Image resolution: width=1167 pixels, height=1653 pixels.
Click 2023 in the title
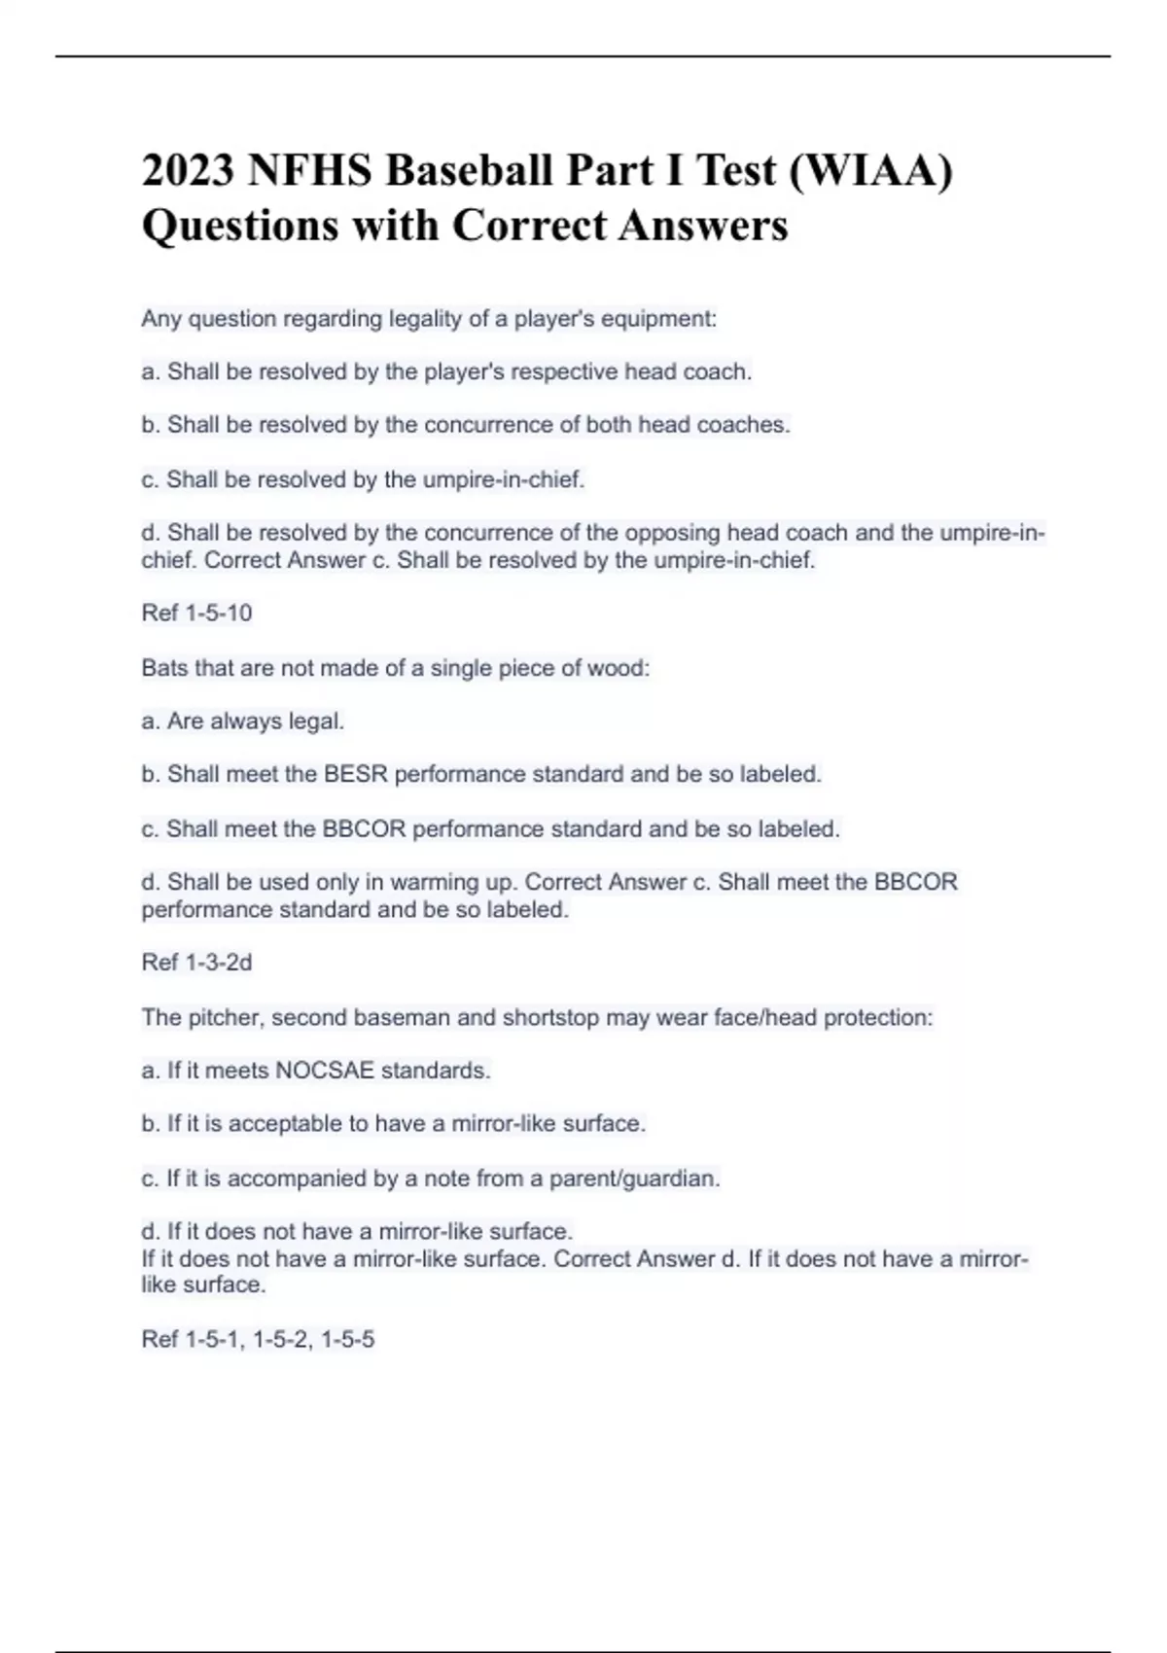coord(188,171)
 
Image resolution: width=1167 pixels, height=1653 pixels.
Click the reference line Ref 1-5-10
coord(196,613)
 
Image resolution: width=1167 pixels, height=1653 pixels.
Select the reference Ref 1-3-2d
coord(196,963)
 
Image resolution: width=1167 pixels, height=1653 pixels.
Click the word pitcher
coord(222,1018)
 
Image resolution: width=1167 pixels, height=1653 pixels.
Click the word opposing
coord(672,533)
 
